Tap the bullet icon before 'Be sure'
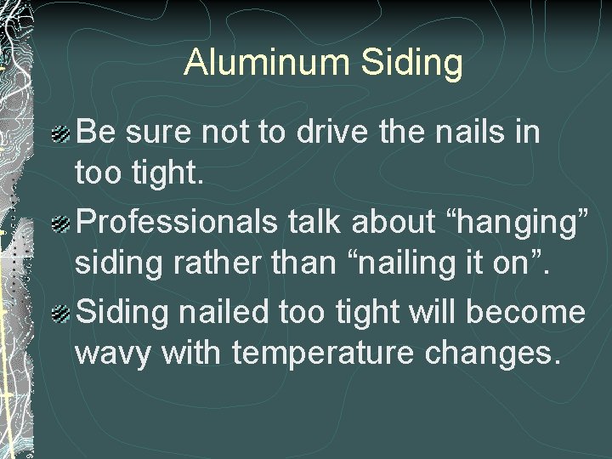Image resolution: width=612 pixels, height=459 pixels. click(x=59, y=133)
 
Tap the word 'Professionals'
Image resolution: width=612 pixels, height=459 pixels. click(x=176, y=223)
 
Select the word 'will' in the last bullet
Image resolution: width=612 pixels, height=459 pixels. click(x=434, y=313)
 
